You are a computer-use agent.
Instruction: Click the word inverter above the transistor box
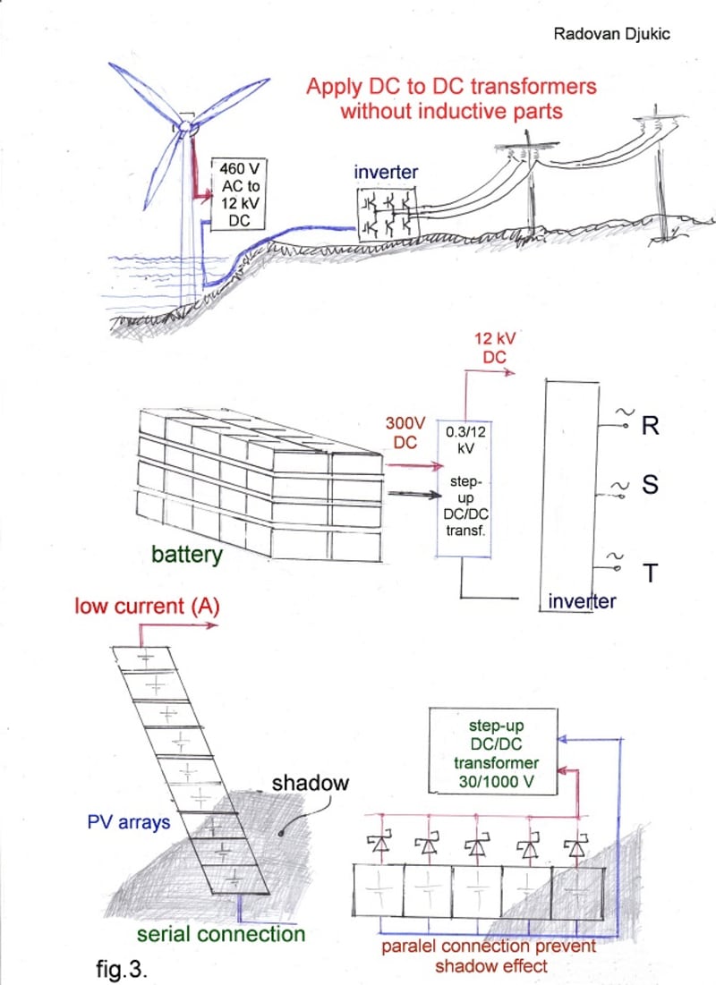(x=386, y=172)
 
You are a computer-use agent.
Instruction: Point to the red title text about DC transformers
(x=451, y=99)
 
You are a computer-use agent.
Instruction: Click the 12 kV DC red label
(x=490, y=348)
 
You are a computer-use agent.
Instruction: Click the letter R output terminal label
(x=650, y=425)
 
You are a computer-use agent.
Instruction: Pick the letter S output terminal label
(x=650, y=486)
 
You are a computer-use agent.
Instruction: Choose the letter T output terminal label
(x=651, y=573)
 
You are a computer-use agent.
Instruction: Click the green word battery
(x=186, y=555)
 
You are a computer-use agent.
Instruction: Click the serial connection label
(x=221, y=934)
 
